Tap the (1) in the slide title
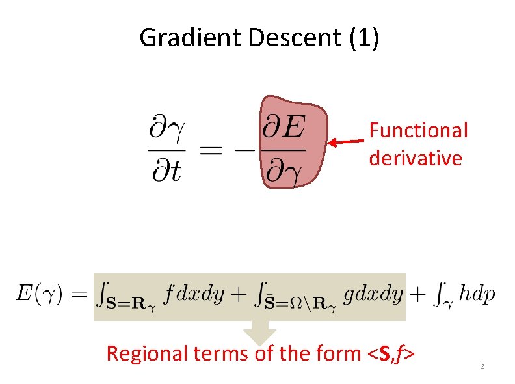click(x=364, y=38)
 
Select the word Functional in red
click(x=419, y=130)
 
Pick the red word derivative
click(x=416, y=158)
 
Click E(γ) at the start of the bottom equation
click(x=40, y=294)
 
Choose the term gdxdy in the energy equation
click(x=373, y=294)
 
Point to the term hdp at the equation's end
click(x=477, y=294)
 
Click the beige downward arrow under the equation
click(x=259, y=333)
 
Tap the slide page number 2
click(x=482, y=368)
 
